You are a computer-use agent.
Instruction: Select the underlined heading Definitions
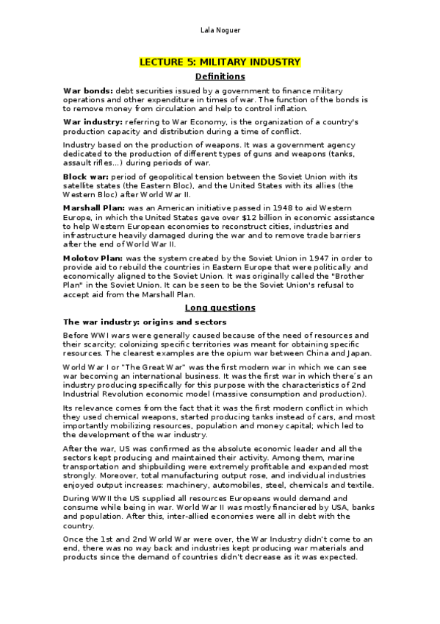click(220, 77)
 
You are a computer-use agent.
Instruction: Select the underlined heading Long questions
click(220, 308)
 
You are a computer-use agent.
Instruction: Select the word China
click(321, 353)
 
